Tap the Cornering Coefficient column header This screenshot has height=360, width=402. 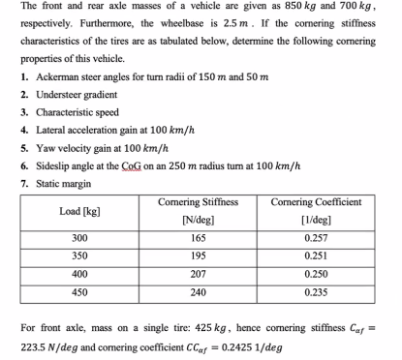[x=316, y=210]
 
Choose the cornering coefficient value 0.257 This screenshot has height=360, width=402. [x=315, y=238]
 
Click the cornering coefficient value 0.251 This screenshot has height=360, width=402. [x=315, y=255]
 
